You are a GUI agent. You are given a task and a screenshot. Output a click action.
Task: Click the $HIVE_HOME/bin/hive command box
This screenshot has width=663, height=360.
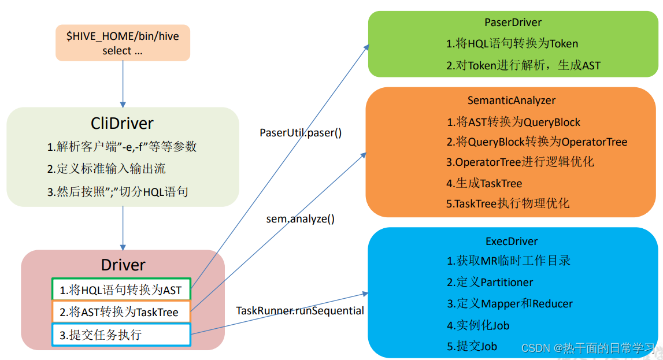pyautogui.click(x=123, y=43)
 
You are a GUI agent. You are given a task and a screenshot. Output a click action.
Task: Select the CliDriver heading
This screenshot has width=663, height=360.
pyautogui.click(x=123, y=123)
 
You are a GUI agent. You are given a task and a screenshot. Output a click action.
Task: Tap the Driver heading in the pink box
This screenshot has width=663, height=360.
pyautogui.click(x=123, y=265)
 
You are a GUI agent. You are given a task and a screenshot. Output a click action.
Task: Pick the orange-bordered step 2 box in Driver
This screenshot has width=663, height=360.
pyautogui.click(x=121, y=313)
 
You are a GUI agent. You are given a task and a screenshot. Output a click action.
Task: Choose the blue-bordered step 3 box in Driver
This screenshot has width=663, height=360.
pyautogui.click(x=121, y=335)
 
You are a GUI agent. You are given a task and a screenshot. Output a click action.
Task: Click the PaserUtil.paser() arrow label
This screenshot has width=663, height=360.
pyautogui.click(x=301, y=132)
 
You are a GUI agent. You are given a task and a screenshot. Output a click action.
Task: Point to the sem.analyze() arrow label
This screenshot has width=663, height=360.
pyautogui.click(x=300, y=219)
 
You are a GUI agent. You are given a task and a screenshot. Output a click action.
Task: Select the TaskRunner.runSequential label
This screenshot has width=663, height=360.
pyautogui.click(x=300, y=311)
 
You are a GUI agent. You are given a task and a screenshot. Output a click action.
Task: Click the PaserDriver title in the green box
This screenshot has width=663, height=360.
pyautogui.click(x=513, y=23)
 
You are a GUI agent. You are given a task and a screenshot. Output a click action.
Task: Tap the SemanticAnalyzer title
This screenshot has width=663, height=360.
pyautogui.click(x=512, y=100)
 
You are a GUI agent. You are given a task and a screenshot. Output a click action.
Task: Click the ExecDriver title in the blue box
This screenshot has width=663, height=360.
pyautogui.click(x=512, y=241)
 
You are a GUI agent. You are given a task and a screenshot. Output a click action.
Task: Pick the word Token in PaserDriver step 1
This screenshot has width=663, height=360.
pyautogui.click(x=563, y=44)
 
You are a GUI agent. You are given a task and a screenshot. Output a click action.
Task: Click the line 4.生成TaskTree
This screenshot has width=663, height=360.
pyautogui.click(x=484, y=183)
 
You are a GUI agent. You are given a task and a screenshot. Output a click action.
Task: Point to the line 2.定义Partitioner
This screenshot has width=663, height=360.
pyautogui.click(x=490, y=282)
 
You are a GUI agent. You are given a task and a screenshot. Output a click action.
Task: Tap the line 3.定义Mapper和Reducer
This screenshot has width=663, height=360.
pyautogui.click(x=509, y=304)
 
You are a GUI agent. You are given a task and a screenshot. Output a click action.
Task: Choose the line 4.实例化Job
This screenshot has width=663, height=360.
pyautogui.click(x=478, y=325)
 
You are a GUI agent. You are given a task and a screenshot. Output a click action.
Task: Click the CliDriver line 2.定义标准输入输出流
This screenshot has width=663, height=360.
pyautogui.click(x=107, y=169)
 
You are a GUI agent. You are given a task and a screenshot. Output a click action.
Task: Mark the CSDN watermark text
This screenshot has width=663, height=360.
pyautogui.click(x=588, y=348)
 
